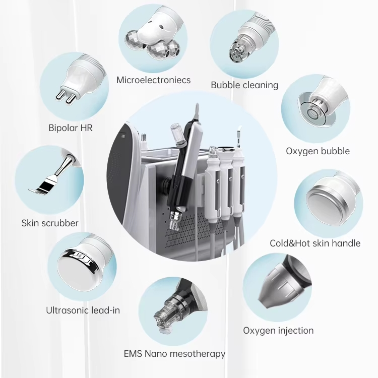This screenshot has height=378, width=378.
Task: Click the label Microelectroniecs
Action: click(154, 80)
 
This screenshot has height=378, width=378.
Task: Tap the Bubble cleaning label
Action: click(244, 85)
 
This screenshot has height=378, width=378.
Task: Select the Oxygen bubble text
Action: click(318, 151)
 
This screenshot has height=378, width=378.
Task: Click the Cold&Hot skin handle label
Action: click(315, 243)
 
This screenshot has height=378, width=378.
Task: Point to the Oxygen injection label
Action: click(278, 331)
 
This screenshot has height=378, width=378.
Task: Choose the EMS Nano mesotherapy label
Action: click(174, 353)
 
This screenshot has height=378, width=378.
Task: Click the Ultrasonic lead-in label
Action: click(83, 310)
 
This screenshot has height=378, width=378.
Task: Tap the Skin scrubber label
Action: click(50, 222)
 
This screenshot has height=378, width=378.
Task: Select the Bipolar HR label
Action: click(71, 128)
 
